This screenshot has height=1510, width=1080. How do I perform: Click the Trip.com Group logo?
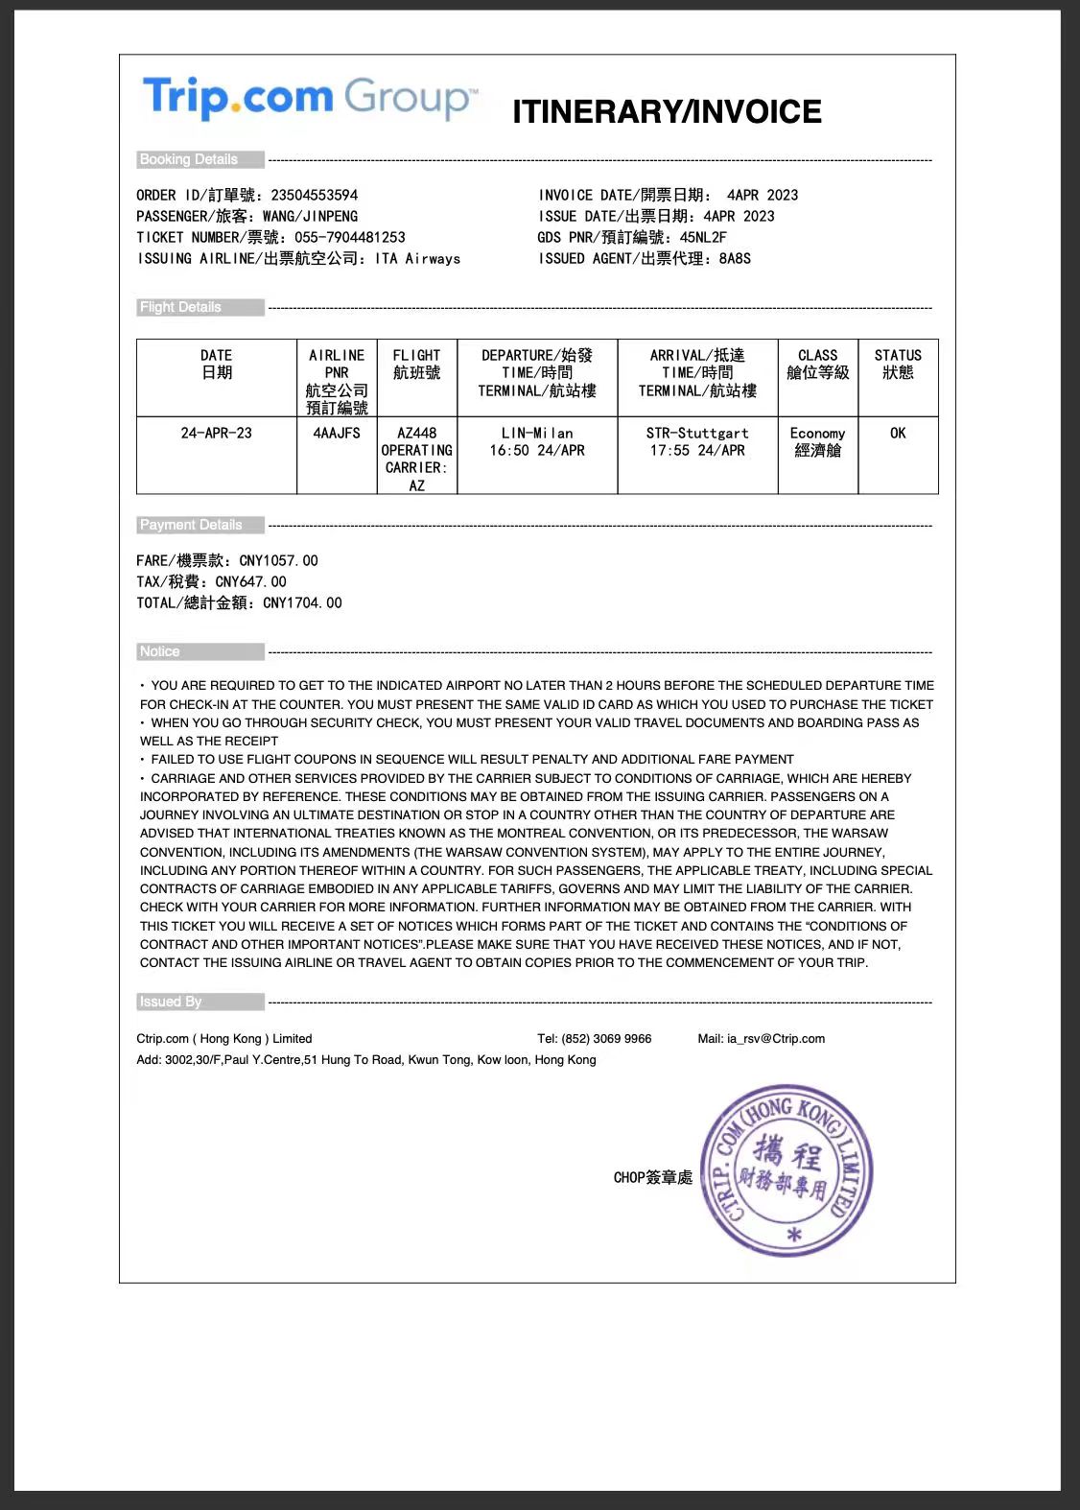(308, 98)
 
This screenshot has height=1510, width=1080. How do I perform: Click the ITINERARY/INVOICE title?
(667, 112)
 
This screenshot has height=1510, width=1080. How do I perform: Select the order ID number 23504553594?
(315, 195)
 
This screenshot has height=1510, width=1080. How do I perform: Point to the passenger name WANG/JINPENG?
(310, 216)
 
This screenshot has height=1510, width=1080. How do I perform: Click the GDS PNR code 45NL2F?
(703, 237)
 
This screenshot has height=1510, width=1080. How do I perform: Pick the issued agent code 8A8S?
(735, 258)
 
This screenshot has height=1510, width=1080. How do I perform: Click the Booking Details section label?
(189, 159)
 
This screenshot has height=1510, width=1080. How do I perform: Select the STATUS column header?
(898, 364)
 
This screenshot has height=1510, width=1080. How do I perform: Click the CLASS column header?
(817, 364)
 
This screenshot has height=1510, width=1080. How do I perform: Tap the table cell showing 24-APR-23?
(216, 433)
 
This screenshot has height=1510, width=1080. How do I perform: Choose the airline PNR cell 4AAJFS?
(337, 433)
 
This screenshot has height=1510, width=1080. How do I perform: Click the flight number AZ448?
(417, 433)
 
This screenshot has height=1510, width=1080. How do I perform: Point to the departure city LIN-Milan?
(537, 433)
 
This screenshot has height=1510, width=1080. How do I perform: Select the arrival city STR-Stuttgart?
(697, 433)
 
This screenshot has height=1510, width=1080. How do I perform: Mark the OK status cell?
(898, 433)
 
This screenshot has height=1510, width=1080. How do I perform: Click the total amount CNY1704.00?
(302, 602)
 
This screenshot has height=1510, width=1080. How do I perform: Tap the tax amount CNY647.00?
(250, 581)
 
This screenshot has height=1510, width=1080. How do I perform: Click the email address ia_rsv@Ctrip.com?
(776, 1038)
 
